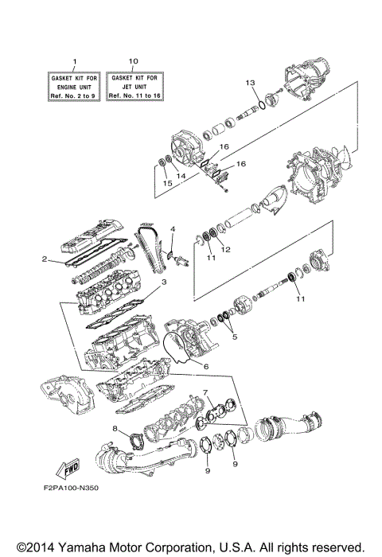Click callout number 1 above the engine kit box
[76, 61]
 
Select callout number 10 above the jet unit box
[133, 61]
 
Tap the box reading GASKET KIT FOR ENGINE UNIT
[76, 84]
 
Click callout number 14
[181, 175]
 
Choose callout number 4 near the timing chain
[172, 229]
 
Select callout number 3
[163, 282]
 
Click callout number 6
[205, 366]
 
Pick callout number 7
[205, 392]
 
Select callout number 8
[114, 429]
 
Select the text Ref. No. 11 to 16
[133, 95]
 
